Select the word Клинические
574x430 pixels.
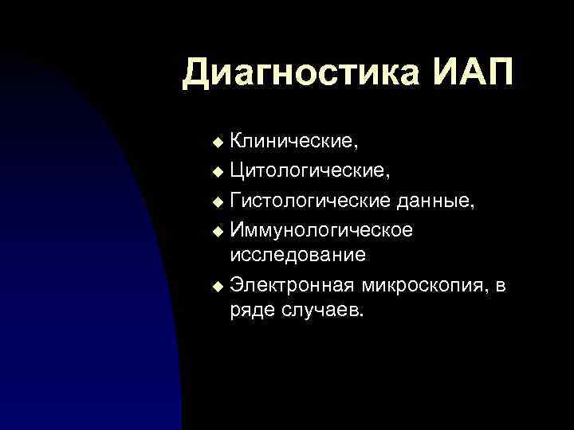pyautogui.click(x=293, y=141)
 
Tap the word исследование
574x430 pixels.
pyautogui.click(x=298, y=254)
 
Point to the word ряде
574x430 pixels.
pyautogui.click(x=253, y=311)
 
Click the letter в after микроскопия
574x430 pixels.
pyautogui.click(x=500, y=284)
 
